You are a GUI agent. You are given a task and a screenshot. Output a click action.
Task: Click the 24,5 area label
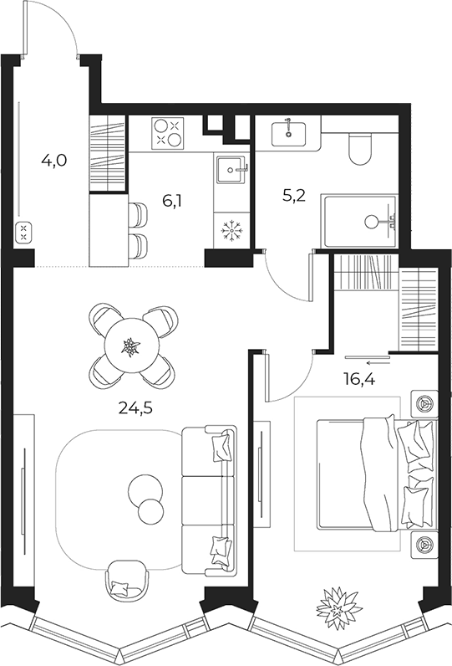coord(135,407)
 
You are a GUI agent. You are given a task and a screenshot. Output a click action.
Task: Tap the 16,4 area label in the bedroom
coord(359,379)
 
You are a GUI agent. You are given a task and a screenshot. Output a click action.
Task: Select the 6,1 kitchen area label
coord(172,201)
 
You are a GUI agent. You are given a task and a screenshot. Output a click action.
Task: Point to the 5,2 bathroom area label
coord(293,197)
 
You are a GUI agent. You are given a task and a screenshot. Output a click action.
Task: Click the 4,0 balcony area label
coord(54,161)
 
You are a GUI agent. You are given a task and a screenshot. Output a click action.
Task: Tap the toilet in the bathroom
coord(360,148)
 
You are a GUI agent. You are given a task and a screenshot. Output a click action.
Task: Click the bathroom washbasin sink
coord(289,132)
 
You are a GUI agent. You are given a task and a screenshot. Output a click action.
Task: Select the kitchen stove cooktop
coord(169,132)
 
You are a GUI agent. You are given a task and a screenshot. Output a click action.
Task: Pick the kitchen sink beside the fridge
coord(231,170)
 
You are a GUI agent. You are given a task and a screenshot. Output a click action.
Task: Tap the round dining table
coord(130,346)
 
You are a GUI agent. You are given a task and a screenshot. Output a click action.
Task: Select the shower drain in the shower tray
coord(372,221)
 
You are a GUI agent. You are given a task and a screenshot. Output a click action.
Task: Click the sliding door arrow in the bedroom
coord(378,363)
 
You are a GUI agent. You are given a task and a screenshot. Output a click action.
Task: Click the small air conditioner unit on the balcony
coord(23,233)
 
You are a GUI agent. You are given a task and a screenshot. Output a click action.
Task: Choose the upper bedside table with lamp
coord(424,403)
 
